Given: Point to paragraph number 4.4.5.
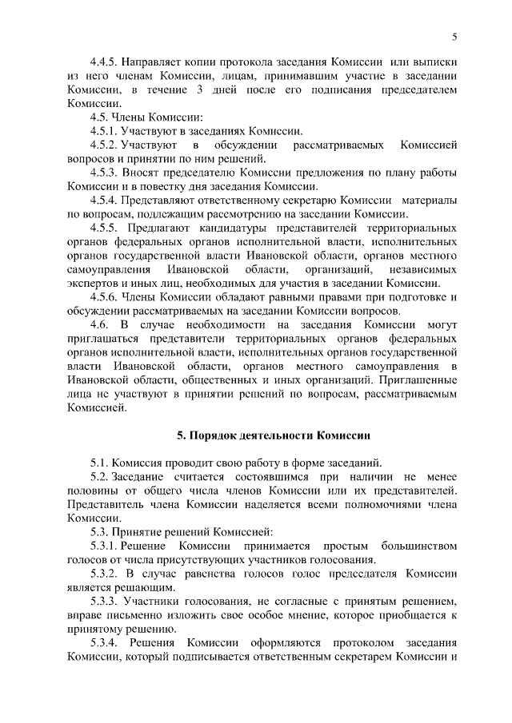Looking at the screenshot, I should point(106,62).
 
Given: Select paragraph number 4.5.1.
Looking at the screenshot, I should point(106,130).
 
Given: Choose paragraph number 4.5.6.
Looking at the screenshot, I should point(106,296).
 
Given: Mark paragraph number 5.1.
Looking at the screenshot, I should point(100,463).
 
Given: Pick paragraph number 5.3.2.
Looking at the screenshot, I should point(106,573).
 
